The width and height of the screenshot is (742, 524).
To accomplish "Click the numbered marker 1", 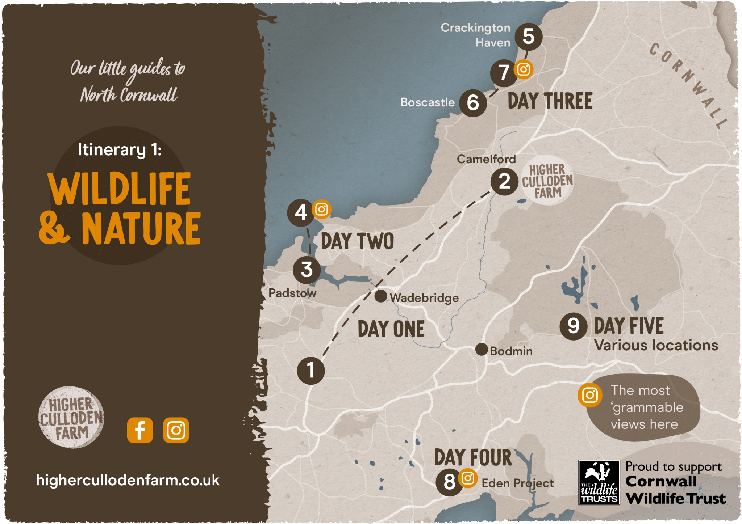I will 310,371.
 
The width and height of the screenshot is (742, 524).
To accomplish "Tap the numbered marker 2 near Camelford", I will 504,181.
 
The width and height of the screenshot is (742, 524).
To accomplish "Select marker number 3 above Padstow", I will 307,270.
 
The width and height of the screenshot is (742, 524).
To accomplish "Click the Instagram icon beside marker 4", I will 321,209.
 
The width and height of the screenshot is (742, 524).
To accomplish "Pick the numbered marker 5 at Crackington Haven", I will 528,37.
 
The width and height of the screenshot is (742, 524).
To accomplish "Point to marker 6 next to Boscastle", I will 473,103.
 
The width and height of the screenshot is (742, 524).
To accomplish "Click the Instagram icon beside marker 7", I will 523,69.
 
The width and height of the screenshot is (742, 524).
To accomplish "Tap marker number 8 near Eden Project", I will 449,482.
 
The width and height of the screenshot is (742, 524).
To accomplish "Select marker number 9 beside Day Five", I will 573,326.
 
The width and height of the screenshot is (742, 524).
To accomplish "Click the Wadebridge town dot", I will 381,296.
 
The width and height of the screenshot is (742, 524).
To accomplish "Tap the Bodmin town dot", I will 482,350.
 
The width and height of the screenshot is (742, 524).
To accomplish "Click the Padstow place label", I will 292,293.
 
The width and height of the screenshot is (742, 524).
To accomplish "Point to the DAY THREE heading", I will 550,101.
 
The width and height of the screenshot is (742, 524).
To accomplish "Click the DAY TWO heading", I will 357,241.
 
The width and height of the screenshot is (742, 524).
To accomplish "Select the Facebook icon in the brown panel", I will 140,430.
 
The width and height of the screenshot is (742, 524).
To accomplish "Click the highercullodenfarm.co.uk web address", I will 128,481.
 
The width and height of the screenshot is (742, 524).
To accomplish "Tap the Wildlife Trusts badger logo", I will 599,482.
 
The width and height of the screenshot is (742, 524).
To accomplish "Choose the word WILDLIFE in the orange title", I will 120,189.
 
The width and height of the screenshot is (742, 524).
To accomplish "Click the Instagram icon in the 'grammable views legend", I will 589,395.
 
